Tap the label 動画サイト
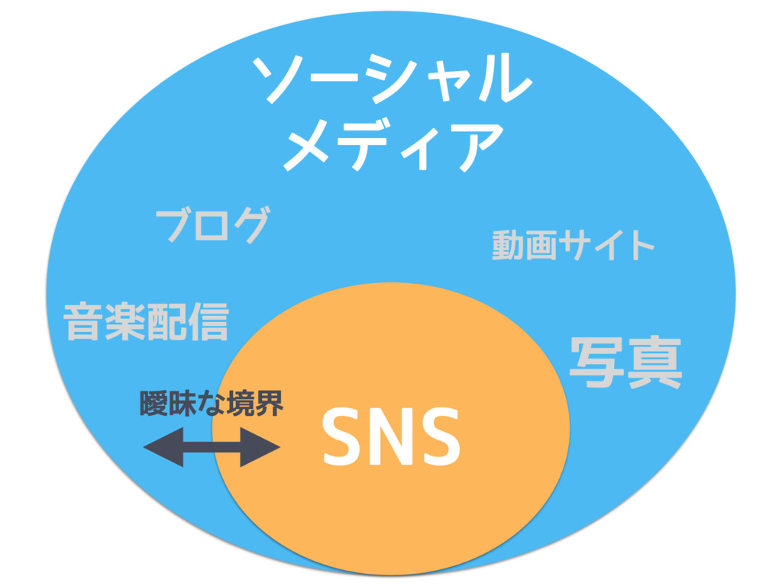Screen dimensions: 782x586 point(573,246)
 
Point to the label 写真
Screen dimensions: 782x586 point(625,364)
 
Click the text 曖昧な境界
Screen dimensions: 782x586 point(212,404)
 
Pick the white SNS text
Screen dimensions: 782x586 point(391,436)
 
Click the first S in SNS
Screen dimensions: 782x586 point(341,437)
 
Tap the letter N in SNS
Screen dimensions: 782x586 point(390,437)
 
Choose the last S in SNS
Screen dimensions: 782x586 point(440,437)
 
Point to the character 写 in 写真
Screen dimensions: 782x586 point(596,364)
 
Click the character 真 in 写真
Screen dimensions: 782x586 point(654,364)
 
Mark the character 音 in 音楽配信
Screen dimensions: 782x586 point(85,321)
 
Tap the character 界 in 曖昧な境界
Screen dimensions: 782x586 point(270,404)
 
